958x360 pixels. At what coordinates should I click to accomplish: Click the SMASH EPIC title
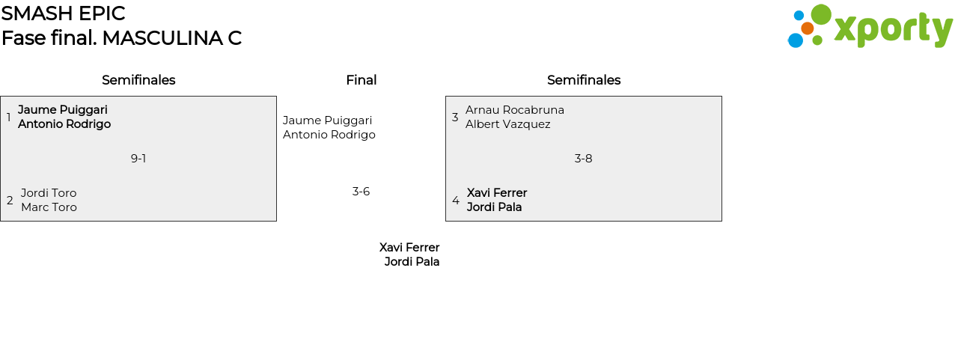click(x=64, y=13)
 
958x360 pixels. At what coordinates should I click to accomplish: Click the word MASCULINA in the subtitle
click(x=163, y=38)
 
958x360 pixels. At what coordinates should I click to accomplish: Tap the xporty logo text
click(x=893, y=30)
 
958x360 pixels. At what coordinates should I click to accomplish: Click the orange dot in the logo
click(x=808, y=28)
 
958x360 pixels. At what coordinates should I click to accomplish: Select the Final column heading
click(x=361, y=80)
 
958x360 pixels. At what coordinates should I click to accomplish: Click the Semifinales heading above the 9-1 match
click(x=138, y=80)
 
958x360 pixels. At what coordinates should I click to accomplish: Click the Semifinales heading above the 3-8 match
click(x=584, y=80)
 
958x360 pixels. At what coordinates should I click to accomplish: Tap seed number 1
click(x=8, y=117)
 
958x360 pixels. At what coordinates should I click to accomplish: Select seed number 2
click(x=10, y=200)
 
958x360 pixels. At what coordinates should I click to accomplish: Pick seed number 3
click(x=455, y=117)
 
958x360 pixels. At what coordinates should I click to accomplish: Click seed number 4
click(x=456, y=200)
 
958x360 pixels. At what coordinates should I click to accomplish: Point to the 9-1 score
click(x=138, y=159)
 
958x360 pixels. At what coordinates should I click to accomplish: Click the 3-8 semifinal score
click(x=583, y=159)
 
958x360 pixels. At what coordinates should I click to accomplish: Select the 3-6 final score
click(x=361, y=192)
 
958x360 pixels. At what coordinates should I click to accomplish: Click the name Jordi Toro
click(x=49, y=193)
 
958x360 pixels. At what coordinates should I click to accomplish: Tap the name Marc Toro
click(x=49, y=207)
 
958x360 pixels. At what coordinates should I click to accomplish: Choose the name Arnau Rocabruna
click(x=515, y=110)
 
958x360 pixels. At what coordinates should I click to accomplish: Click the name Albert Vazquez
click(x=508, y=124)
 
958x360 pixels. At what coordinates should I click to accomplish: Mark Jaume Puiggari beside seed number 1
click(x=63, y=110)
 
